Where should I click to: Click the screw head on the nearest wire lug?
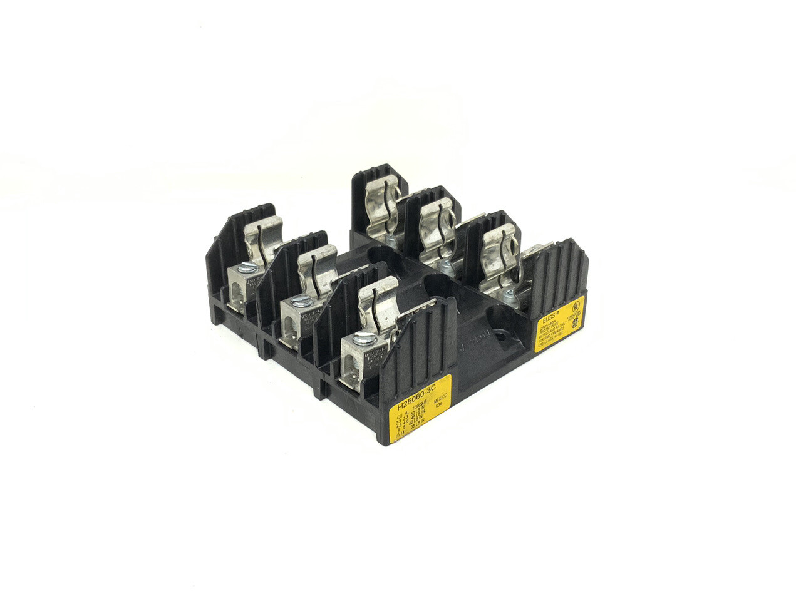coord(364,340)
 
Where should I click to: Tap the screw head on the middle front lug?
coord(301,301)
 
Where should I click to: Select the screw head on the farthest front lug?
coord(248,269)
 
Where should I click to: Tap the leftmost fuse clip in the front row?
coord(263,239)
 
